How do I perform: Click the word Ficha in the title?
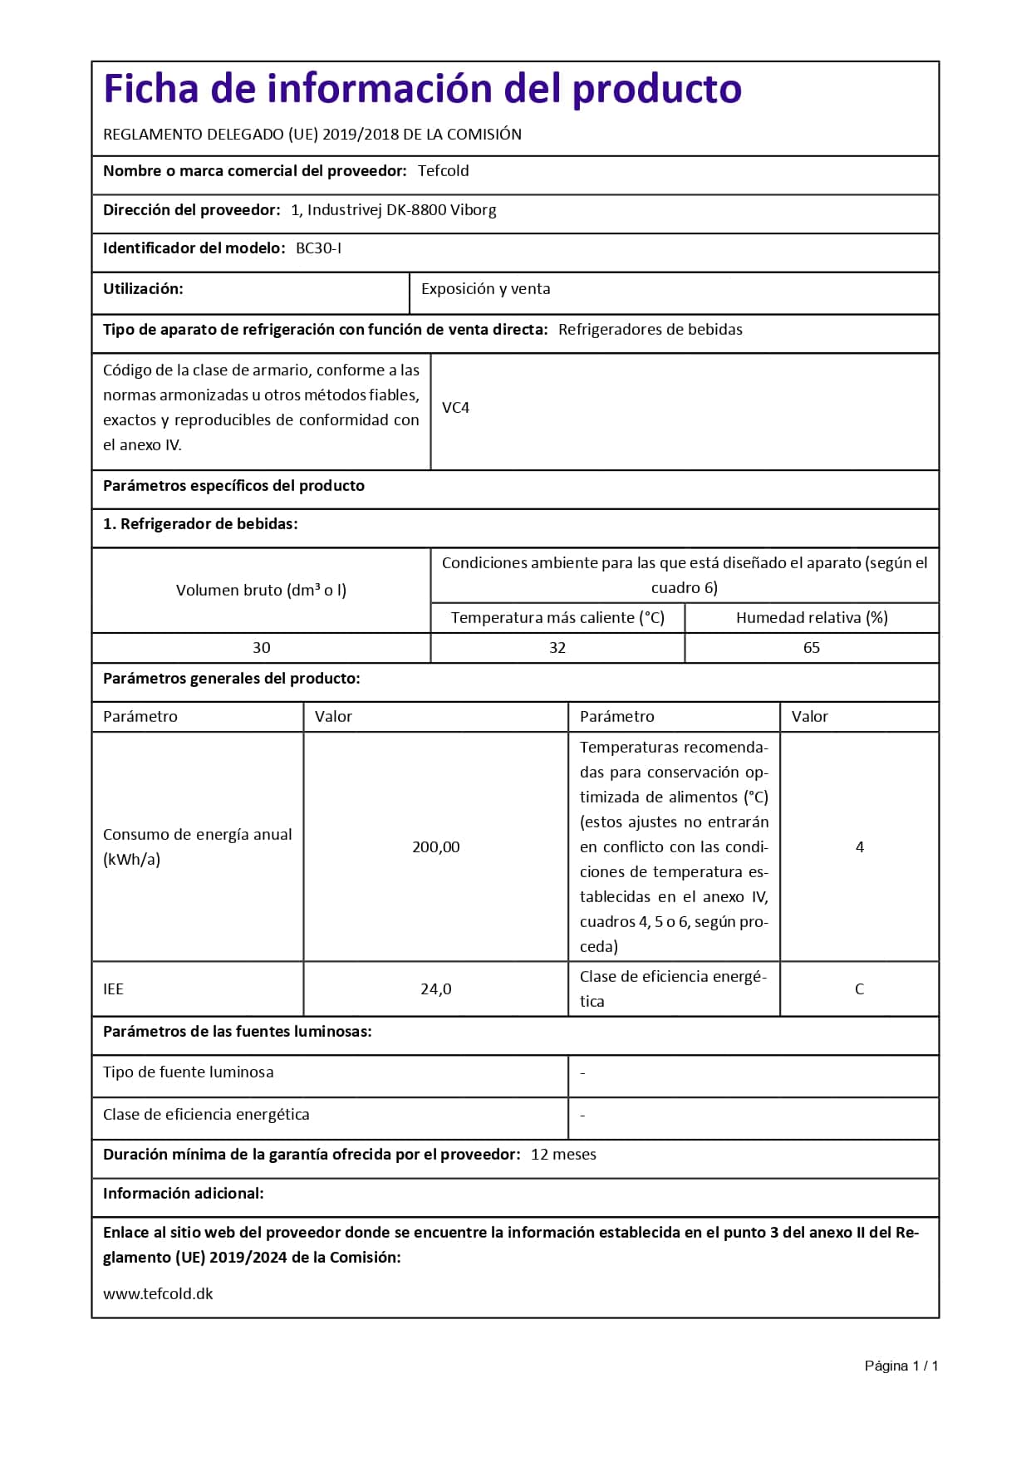click(x=151, y=89)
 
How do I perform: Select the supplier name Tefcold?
click(x=443, y=171)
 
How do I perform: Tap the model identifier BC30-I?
click(x=318, y=248)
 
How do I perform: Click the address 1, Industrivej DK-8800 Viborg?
click(x=394, y=210)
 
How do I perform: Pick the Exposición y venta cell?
click(x=485, y=289)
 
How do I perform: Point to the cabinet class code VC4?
click(x=455, y=408)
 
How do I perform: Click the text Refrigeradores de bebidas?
click(x=650, y=330)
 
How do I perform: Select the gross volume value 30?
click(x=261, y=648)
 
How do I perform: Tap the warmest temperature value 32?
click(x=557, y=648)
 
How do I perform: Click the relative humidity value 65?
click(x=811, y=648)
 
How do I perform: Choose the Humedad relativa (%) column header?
click(x=811, y=618)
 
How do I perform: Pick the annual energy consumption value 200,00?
click(x=435, y=847)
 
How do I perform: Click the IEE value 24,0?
click(x=435, y=989)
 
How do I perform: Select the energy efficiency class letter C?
click(x=859, y=989)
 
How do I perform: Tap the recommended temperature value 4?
click(x=859, y=847)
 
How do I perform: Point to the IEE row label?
click(x=113, y=989)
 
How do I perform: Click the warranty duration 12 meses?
click(x=563, y=1155)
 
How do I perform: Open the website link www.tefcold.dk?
click(x=158, y=1294)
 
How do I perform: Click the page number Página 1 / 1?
click(x=901, y=1366)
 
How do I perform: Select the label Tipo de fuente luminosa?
click(x=188, y=1072)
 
